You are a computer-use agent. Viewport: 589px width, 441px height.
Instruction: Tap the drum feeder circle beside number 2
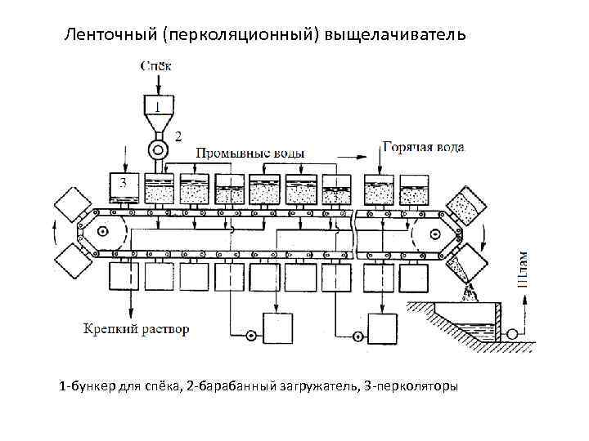click(x=155, y=150)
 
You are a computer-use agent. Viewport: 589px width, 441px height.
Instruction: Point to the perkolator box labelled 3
click(x=124, y=186)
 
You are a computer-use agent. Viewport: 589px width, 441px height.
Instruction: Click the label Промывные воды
click(x=250, y=153)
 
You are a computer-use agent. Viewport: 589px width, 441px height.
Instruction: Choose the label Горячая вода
click(x=424, y=147)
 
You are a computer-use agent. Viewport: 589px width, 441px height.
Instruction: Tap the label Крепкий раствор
click(x=137, y=329)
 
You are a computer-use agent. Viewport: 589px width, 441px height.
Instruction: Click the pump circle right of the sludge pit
click(x=513, y=333)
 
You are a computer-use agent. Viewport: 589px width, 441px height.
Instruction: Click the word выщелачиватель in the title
click(x=395, y=35)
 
